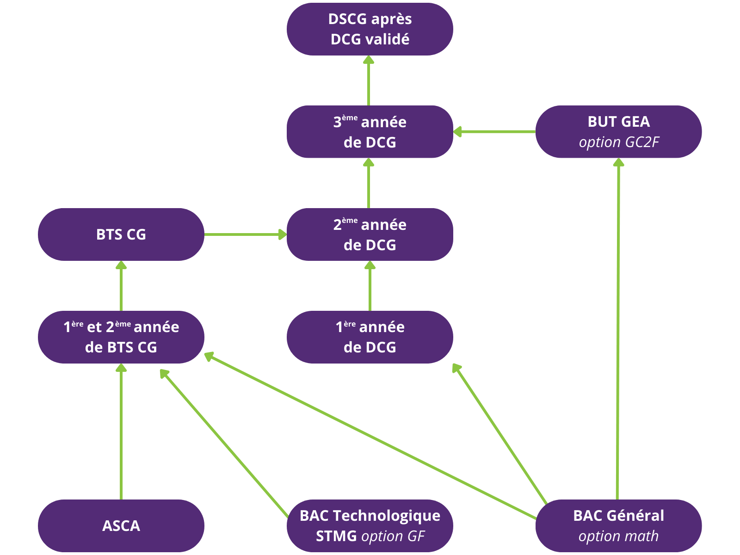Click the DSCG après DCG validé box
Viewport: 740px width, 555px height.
click(370, 29)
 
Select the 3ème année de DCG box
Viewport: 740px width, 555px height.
click(370, 132)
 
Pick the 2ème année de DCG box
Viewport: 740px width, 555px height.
click(370, 234)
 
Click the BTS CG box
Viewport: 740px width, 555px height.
click(121, 234)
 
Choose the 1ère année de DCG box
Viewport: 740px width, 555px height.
click(370, 337)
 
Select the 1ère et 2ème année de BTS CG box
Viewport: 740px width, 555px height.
click(121, 337)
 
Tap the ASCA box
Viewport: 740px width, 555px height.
click(121, 526)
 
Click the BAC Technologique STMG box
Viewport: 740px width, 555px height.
click(370, 526)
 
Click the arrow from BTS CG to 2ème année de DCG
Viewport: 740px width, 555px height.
click(245, 234)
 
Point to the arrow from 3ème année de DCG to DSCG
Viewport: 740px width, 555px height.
click(369, 81)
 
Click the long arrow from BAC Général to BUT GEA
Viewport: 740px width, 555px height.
click(618, 328)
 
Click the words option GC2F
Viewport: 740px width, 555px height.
click(618, 142)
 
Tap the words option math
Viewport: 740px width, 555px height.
click(618, 536)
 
